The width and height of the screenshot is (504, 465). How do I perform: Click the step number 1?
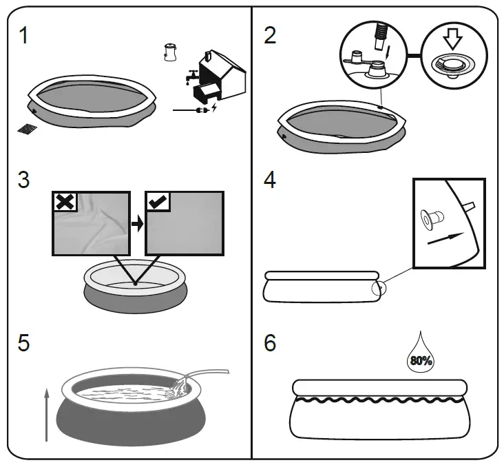pos(24,35)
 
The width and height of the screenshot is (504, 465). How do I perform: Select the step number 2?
pos(271,35)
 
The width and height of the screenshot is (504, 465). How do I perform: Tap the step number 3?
pos(24,180)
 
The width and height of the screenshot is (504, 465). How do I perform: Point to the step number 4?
pos(271,180)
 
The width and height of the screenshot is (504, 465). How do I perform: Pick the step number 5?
pos(24,343)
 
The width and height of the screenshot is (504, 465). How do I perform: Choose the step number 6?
pos(271,343)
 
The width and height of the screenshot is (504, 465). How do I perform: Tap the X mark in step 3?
pos(64,202)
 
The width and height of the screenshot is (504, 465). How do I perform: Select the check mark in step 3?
pos(157,202)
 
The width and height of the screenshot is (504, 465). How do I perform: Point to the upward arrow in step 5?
pos(46,413)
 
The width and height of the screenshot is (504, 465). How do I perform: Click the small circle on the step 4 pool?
pos(378,287)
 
